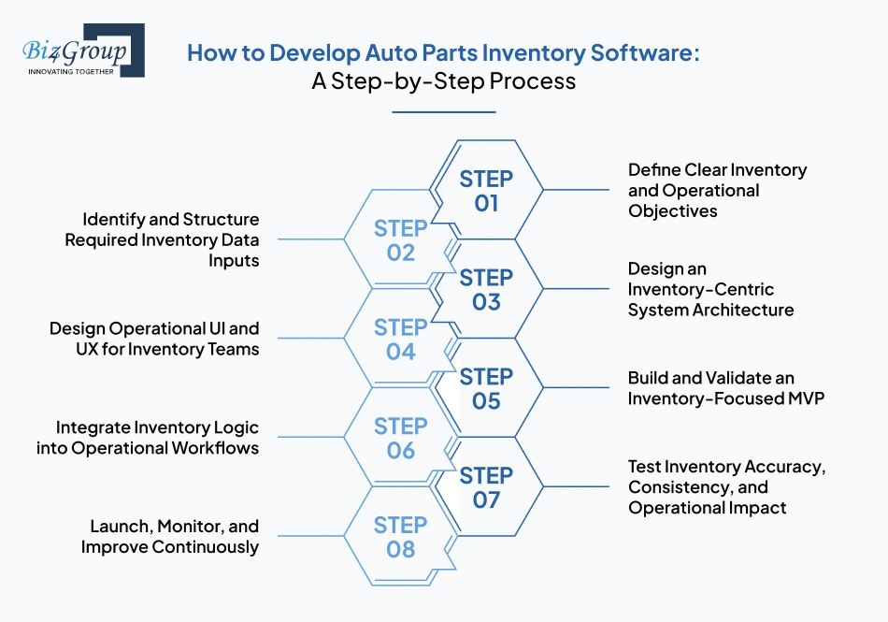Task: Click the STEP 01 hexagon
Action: [486, 190]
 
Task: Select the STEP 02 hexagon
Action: [400, 240]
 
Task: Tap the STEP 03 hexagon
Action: [486, 289]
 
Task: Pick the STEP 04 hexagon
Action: [400, 339]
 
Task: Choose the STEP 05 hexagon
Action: [486, 388]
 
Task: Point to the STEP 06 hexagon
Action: [400, 438]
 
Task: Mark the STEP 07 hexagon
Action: [486, 487]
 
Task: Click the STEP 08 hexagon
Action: [400, 537]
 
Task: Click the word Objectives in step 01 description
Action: [673, 211]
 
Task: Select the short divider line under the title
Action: [443, 112]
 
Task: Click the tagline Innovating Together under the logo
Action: [72, 71]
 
